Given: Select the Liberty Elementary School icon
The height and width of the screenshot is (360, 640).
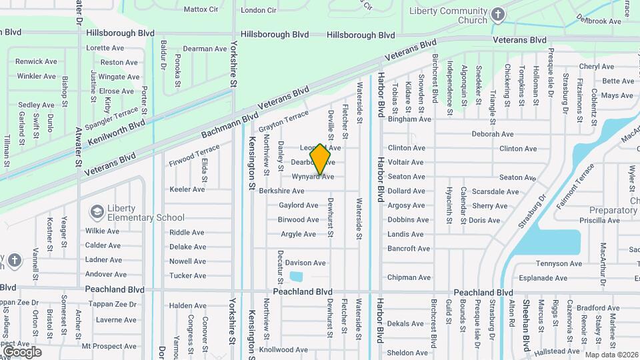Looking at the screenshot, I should [97, 211].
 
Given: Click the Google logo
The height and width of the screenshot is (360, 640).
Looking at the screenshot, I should [22, 352].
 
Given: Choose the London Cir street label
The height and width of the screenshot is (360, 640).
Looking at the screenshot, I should [258, 10].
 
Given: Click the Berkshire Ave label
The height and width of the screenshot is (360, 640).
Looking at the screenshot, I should [281, 191].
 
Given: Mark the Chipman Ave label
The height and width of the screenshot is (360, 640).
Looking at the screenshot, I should [409, 277].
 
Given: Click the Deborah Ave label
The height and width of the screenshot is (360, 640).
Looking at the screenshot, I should [493, 134].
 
